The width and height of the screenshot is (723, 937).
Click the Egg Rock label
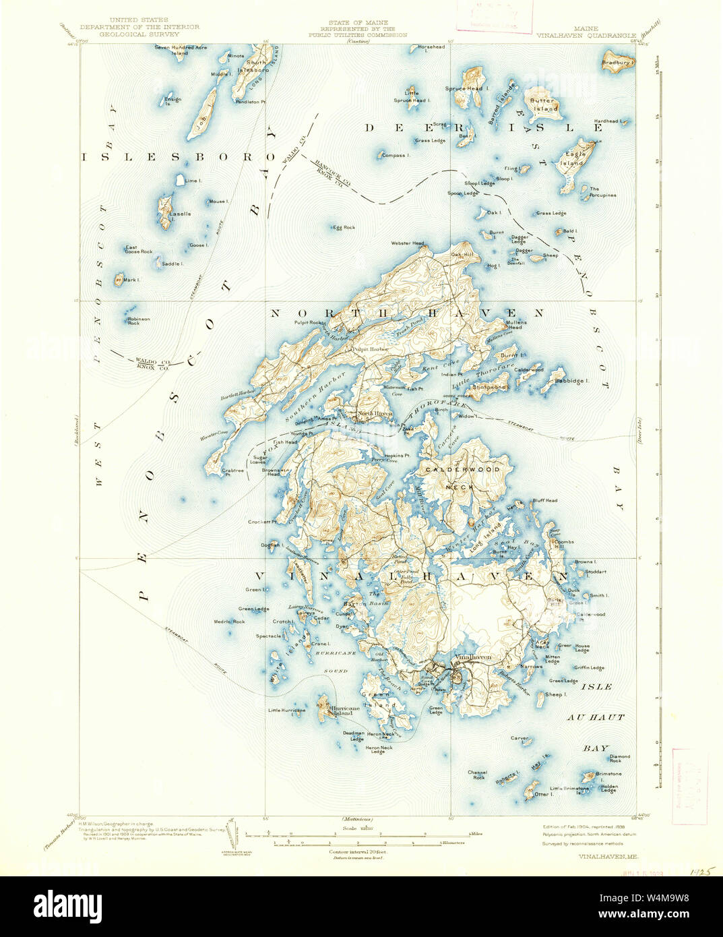[344, 227]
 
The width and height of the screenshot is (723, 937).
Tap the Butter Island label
[545, 104]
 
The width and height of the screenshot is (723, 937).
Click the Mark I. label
[131, 279]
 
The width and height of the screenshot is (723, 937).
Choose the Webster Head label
[408, 243]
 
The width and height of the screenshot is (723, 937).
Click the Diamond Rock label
[619, 758]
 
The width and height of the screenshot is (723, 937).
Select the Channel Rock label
[477, 775]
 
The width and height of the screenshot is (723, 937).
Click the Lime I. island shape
[181, 180]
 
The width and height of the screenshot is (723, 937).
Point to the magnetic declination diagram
[232, 835]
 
